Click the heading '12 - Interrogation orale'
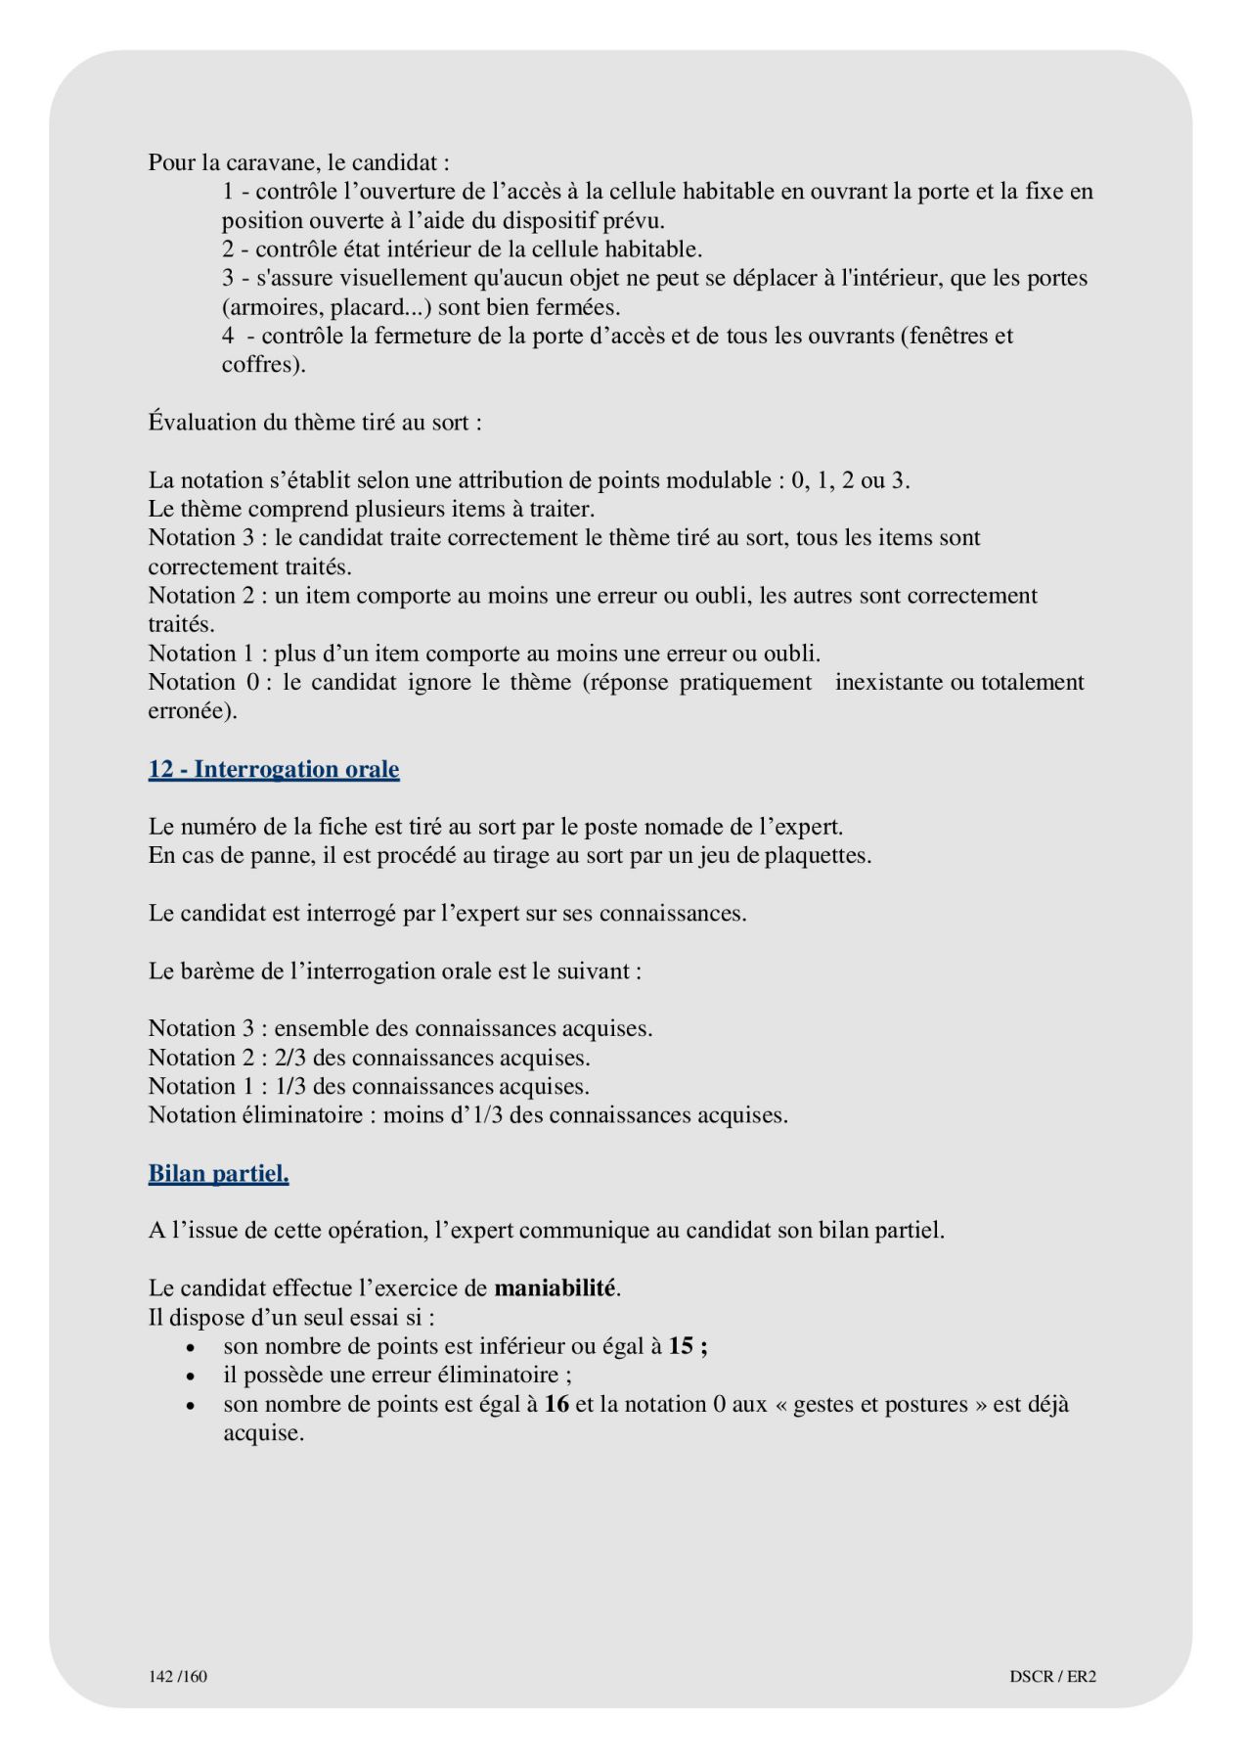(x=274, y=769)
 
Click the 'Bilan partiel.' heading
(x=218, y=1173)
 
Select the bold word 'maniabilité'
(x=555, y=1287)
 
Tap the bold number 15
(x=681, y=1346)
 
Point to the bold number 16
(x=556, y=1404)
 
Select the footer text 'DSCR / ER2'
(x=1052, y=1676)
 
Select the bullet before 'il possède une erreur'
(x=190, y=1377)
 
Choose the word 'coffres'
(x=256, y=365)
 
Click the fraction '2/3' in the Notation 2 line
(x=291, y=1058)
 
